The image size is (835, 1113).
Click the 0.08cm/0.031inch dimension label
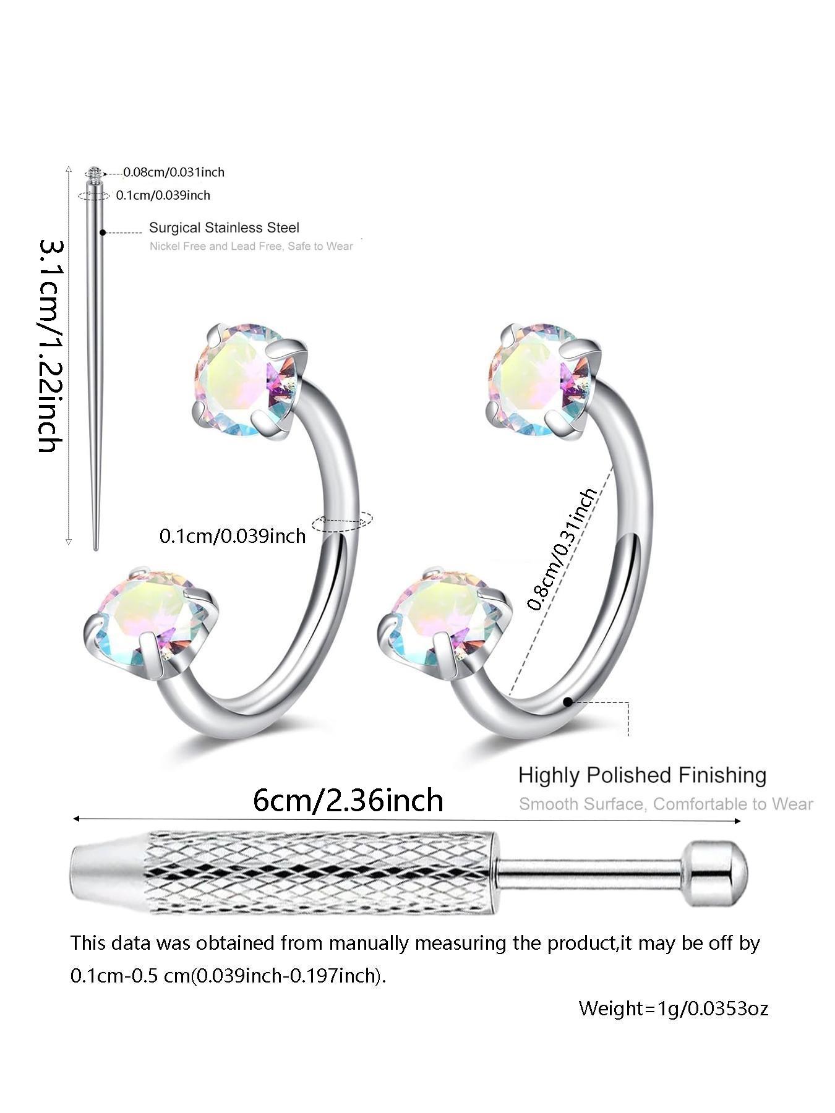(x=173, y=172)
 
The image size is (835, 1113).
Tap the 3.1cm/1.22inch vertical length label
(x=51, y=346)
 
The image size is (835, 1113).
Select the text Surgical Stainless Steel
(x=224, y=228)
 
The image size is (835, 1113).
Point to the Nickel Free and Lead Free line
(x=250, y=246)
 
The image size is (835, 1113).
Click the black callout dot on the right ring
(x=567, y=702)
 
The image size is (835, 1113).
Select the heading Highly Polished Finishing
(x=642, y=775)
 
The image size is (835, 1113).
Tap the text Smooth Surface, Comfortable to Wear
(x=666, y=804)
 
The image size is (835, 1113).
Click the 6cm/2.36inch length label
(x=348, y=800)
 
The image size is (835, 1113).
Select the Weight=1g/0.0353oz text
(x=673, y=1009)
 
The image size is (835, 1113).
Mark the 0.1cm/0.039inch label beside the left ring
(x=233, y=535)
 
